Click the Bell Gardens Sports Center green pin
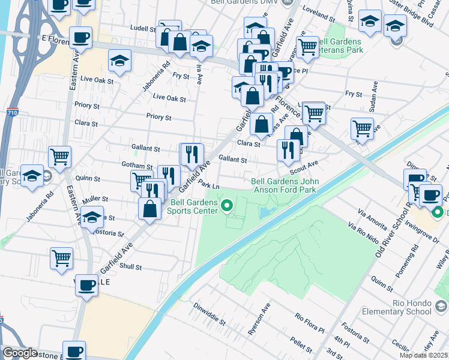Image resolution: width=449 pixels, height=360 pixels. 227,208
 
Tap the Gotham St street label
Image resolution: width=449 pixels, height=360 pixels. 137,166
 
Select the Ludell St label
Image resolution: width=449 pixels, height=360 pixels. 143,28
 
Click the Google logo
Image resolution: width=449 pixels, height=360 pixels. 20,353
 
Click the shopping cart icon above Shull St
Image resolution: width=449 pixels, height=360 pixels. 62,258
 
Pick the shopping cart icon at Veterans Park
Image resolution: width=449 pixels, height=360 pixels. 307,47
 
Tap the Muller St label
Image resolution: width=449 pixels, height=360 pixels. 95,198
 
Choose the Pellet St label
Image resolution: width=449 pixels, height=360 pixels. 298,344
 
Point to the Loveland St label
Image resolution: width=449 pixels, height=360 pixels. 318,13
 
